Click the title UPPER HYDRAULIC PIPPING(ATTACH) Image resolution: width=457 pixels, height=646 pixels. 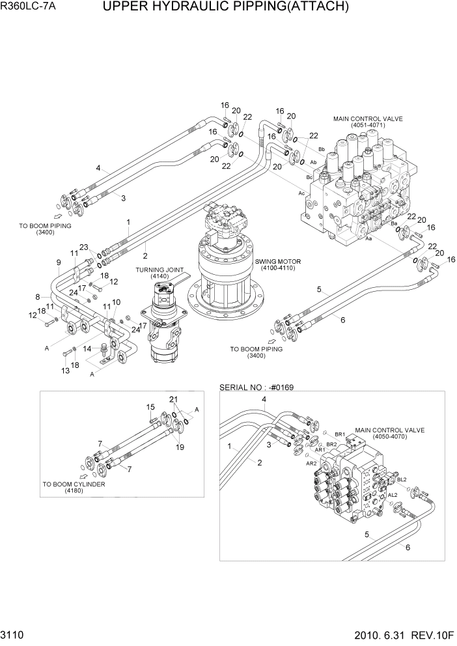point(226,8)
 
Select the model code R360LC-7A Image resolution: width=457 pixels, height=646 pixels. point(27,8)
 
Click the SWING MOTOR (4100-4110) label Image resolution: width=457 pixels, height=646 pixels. point(278,264)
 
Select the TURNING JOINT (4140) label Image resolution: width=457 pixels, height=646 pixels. point(157,272)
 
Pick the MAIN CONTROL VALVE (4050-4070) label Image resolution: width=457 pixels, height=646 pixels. point(389,434)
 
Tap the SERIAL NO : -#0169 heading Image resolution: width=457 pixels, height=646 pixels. point(257,387)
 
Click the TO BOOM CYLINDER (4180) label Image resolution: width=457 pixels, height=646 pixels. point(74,488)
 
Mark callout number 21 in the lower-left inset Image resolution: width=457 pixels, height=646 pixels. point(173,399)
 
